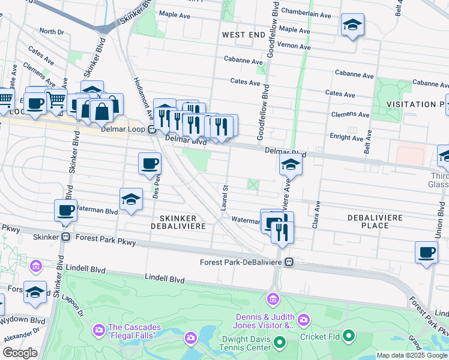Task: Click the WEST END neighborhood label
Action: coord(244,35)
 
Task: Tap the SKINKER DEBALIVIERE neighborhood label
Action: coord(182,221)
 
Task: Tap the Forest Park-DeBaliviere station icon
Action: coord(289,262)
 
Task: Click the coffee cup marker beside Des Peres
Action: coord(149,163)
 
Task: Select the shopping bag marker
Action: coord(101,110)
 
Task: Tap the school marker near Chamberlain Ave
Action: coord(352,25)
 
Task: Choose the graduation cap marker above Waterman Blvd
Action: coord(131,200)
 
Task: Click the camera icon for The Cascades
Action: coord(98,330)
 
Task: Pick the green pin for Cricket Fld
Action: coord(349,337)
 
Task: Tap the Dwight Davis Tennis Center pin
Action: coord(279,343)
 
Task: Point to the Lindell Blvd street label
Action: coord(164,279)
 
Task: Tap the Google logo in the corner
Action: coord(20,353)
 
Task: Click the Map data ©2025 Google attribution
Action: coord(412,355)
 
